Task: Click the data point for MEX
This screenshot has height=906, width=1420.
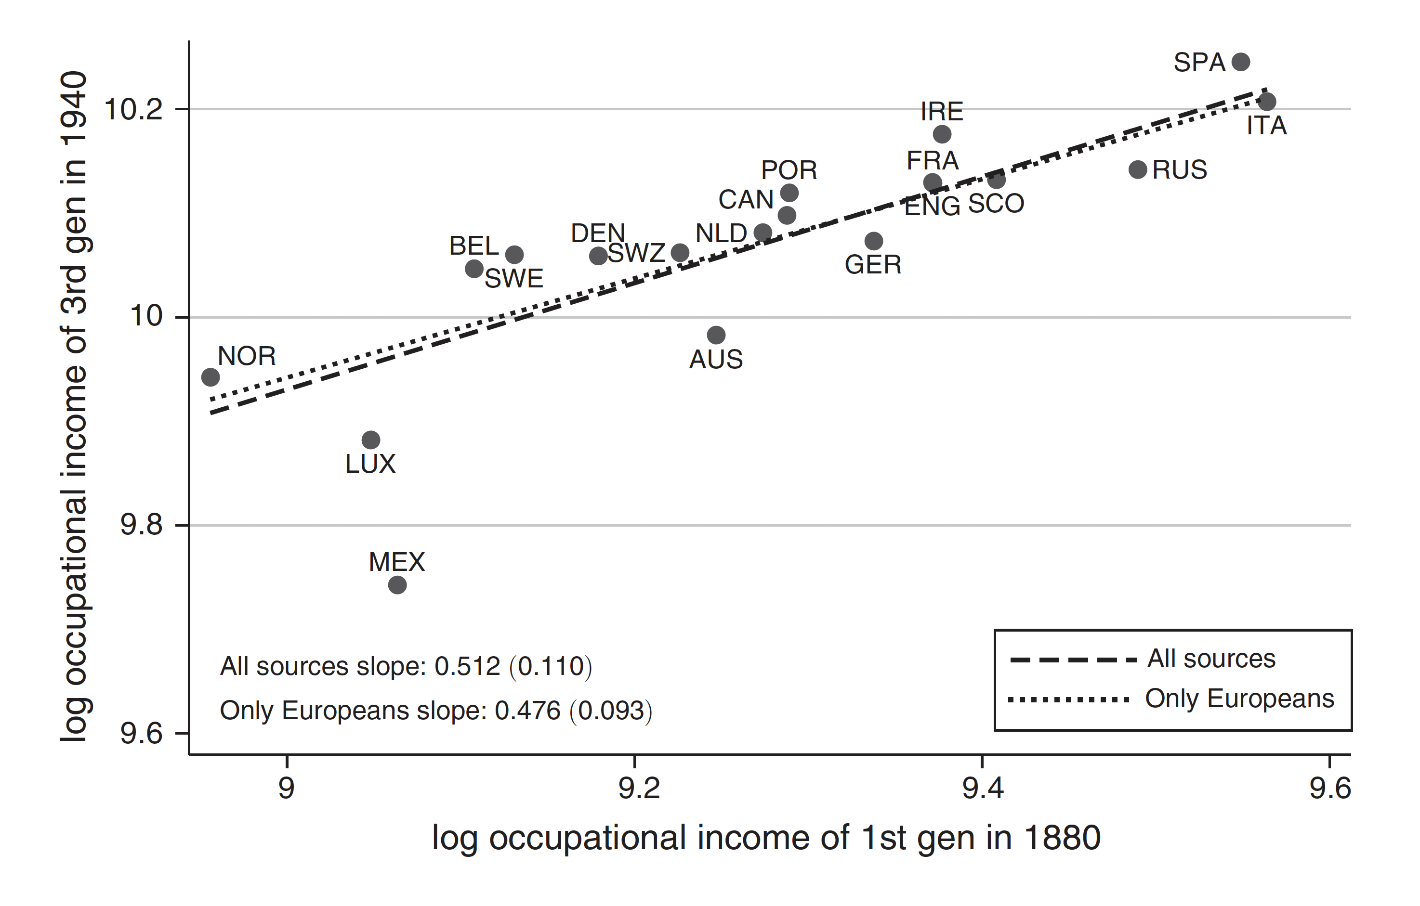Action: point(397,585)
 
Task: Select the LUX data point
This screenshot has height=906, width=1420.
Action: point(370,440)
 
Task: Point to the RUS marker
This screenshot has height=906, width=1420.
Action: point(1138,170)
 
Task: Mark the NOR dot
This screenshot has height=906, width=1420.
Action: point(210,377)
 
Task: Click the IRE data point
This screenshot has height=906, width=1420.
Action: point(942,134)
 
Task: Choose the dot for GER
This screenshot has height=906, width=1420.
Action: point(873,241)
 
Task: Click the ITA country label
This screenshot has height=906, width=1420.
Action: point(1266,126)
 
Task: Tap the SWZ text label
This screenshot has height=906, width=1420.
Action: point(636,254)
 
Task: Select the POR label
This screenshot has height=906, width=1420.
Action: point(789,170)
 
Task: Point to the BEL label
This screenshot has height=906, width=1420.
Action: point(473,246)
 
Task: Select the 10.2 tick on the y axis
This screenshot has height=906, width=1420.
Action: point(132,110)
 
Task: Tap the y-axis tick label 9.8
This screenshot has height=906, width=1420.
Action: point(141,525)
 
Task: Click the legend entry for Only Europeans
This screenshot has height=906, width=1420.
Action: point(1239,699)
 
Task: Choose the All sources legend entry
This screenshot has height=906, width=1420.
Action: point(1210,659)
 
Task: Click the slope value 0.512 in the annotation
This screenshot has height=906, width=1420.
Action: point(467,667)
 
